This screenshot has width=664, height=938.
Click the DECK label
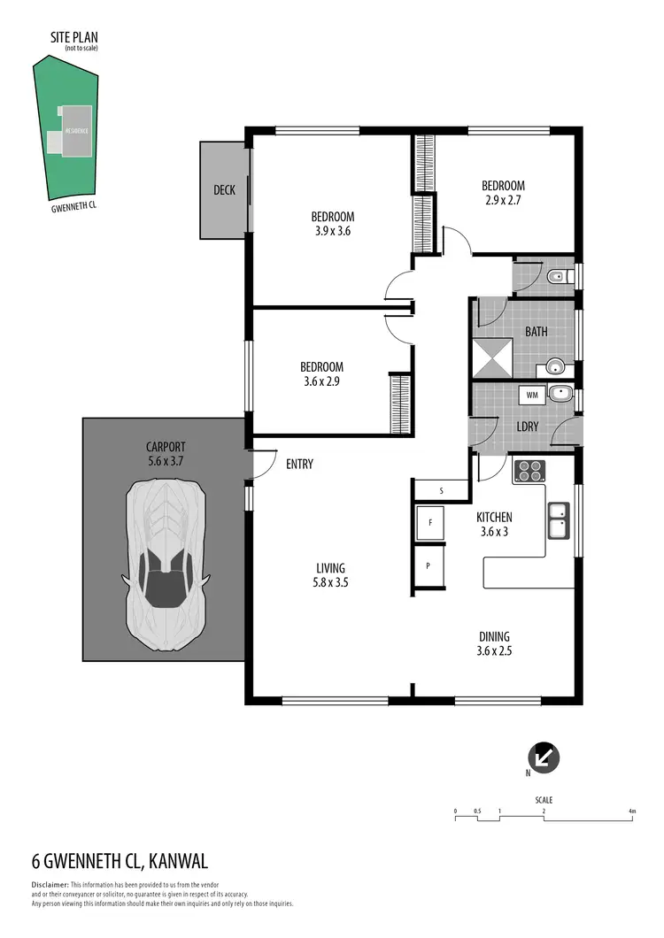tap(225, 190)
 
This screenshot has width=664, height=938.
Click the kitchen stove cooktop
tap(529, 471)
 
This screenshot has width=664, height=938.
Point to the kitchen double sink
tap(559, 520)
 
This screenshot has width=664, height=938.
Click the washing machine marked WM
tap(532, 395)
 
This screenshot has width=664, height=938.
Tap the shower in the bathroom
tap(494, 358)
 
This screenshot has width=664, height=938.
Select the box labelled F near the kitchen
tap(430, 523)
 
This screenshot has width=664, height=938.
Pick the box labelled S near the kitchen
tap(441, 488)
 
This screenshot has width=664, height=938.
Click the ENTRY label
tap(298, 464)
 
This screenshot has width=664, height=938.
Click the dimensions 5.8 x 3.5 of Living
tap(331, 582)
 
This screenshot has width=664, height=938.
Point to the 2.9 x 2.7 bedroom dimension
tap(503, 201)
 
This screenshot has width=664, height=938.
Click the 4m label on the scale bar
tap(631, 811)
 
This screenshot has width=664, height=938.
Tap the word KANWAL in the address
tap(178, 861)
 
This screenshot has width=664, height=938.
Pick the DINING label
tap(494, 636)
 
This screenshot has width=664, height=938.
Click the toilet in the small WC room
tap(555, 278)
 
